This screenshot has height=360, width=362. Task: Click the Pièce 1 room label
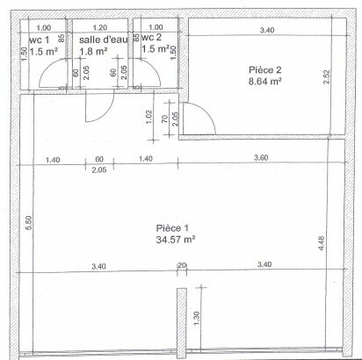pyautogui.click(x=172, y=228)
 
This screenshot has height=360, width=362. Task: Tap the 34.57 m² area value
pyautogui.click(x=176, y=240)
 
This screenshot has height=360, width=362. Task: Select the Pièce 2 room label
pyautogui.click(x=265, y=70)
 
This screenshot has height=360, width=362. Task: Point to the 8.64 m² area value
pyautogui.click(x=265, y=81)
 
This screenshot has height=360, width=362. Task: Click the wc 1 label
pyautogui.click(x=39, y=40)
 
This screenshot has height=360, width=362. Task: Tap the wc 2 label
pyautogui.click(x=151, y=37)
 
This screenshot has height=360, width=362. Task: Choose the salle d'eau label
pyautogui.click(x=104, y=40)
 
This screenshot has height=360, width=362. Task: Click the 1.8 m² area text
pyautogui.click(x=93, y=51)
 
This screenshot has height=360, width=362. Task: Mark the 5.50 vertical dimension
pyautogui.click(x=28, y=223)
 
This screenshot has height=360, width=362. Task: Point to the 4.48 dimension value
pyautogui.click(x=322, y=243)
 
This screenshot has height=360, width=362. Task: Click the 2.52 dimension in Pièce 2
pyautogui.click(x=327, y=76)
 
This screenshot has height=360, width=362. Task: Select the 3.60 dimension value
pyautogui.click(x=261, y=158)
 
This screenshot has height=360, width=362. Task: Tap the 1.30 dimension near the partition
pyautogui.click(x=197, y=318)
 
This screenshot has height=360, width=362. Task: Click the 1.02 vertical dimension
pyautogui.click(x=149, y=117)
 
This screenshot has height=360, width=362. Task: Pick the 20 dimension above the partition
pyautogui.click(x=182, y=265)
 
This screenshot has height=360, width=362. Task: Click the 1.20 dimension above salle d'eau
pyautogui.click(x=100, y=27)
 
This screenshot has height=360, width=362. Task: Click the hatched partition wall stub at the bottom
pyautogui.click(x=182, y=323)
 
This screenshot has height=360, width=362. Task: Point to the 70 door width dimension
pyautogui.click(x=165, y=119)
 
